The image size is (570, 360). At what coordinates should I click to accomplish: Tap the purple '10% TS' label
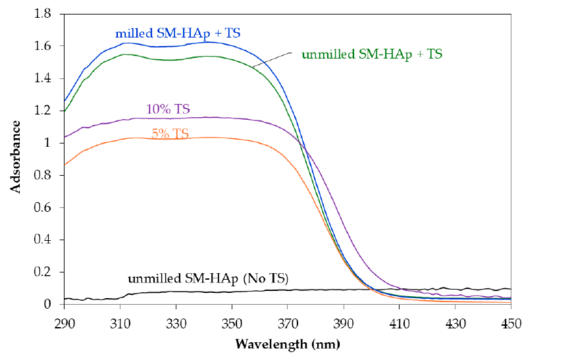click(x=165, y=109)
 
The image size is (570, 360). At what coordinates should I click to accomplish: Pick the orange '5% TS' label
click(x=170, y=134)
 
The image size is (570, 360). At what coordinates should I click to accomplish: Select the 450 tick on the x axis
click(x=511, y=322)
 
